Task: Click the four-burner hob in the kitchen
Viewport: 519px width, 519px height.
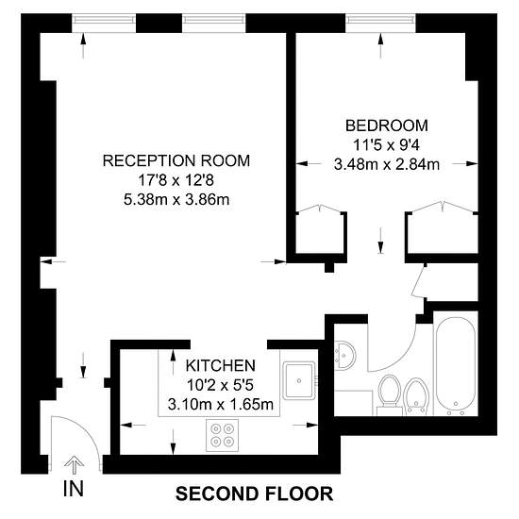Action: click(225, 435)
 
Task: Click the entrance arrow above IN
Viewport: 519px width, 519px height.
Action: click(74, 463)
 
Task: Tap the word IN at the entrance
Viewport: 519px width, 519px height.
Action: click(73, 489)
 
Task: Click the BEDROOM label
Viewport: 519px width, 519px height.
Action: click(386, 126)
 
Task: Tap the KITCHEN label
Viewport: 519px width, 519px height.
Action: click(220, 365)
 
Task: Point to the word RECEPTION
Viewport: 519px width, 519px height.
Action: click(142, 160)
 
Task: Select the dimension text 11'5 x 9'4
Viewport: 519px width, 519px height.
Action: click(386, 145)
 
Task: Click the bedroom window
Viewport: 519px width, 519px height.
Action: click(377, 19)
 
